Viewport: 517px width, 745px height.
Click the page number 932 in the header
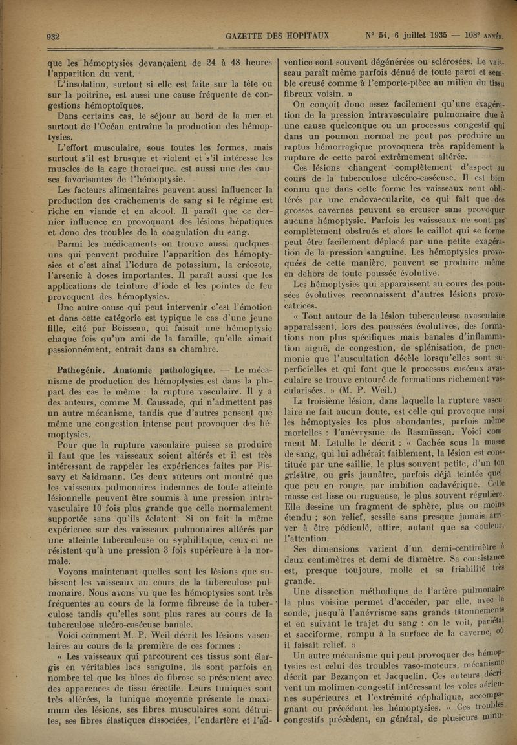click(51, 36)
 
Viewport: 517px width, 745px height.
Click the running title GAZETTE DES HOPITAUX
click(277, 35)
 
